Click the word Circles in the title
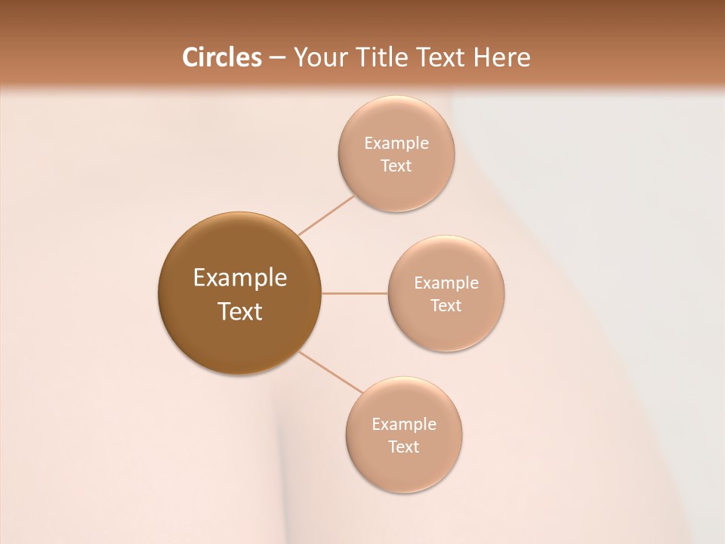pyautogui.click(x=221, y=57)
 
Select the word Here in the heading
pyautogui.click(x=501, y=57)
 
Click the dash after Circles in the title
pyautogui.click(x=276, y=58)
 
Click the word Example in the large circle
pyautogui.click(x=240, y=278)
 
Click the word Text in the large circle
pyautogui.click(x=240, y=311)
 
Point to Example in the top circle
pyautogui.click(x=396, y=144)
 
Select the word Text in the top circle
pyautogui.click(x=396, y=166)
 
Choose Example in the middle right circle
pyautogui.click(x=446, y=283)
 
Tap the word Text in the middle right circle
pyautogui.click(x=446, y=306)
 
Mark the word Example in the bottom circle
pyautogui.click(x=404, y=425)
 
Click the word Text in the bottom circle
pyautogui.click(x=404, y=447)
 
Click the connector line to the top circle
pyautogui.click(x=326, y=215)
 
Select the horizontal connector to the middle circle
pyautogui.click(x=355, y=293)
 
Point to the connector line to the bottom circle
pyautogui.click(x=331, y=372)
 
